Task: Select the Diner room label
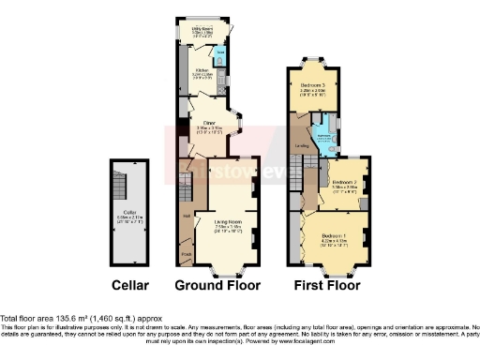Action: pos(210,119)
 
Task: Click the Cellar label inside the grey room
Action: pos(129,215)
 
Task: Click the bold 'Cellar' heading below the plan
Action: pos(129,284)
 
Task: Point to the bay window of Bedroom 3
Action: pos(313,61)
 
